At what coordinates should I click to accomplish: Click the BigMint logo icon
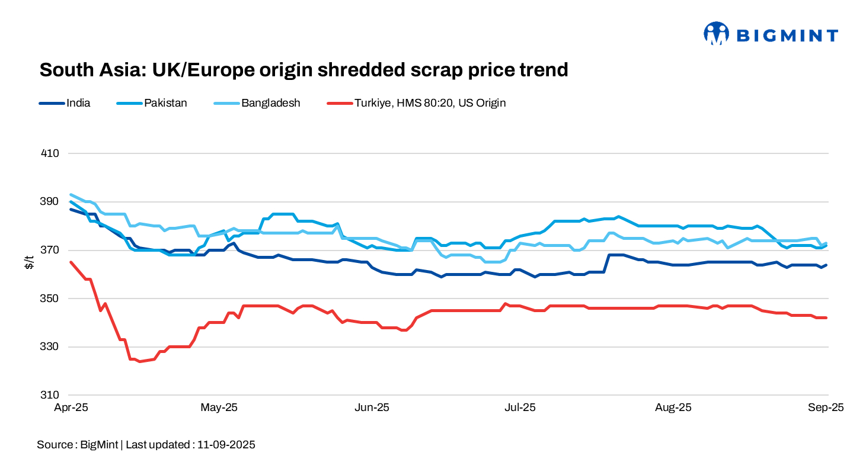click(x=715, y=34)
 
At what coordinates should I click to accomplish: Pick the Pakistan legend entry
click(x=165, y=103)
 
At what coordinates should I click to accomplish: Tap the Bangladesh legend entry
click(x=270, y=103)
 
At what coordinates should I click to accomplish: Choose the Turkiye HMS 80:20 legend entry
click(x=430, y=103)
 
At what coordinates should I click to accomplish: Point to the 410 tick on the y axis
click(x=51, y=153)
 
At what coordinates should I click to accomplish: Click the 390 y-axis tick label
click(x=51, y=202)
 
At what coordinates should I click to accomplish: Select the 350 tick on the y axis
click(x=51, y=298)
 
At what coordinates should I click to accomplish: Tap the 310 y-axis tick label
click(x=51, y=395)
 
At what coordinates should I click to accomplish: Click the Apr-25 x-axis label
click(x=71, y=407)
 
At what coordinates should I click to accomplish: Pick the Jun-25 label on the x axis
click(x=372, y=407)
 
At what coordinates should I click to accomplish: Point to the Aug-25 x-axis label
click(x=673, y=407)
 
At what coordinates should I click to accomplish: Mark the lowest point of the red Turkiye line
click(x=140, y=361)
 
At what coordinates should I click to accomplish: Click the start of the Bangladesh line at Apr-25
click(x=71, y=194)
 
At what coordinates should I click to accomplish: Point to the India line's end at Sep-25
click(x=826, y=265)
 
